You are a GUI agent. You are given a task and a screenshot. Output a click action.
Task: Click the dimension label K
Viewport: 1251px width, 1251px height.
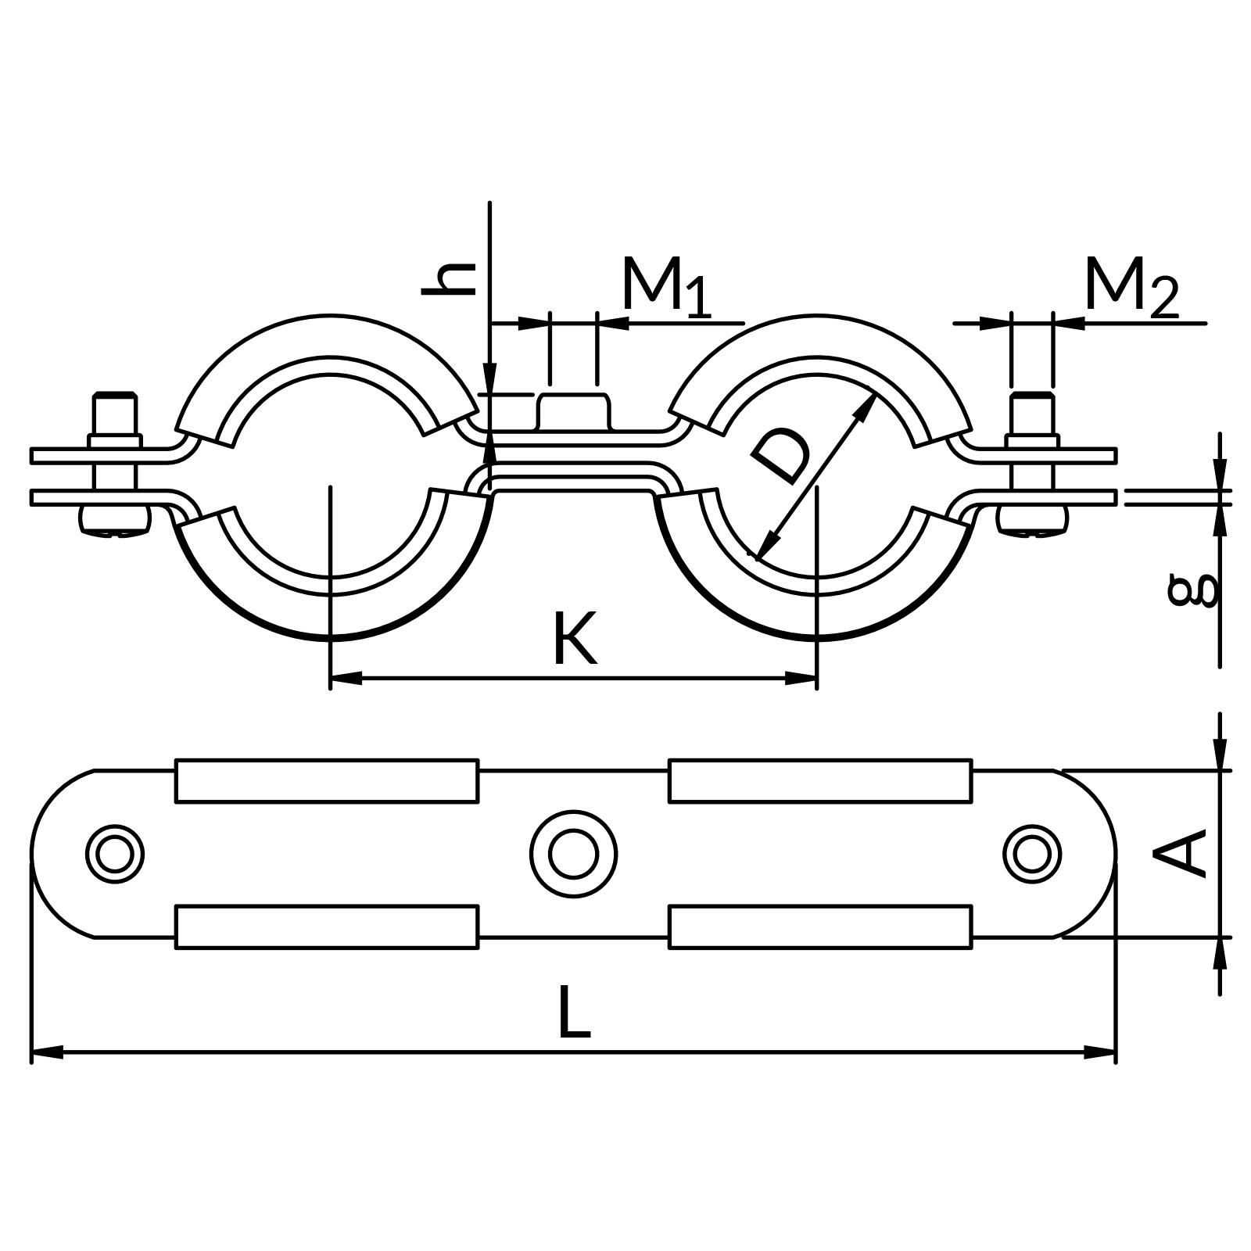(x=575, y=639)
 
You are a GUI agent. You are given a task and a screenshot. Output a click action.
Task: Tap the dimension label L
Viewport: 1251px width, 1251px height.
(x=574, y=1013)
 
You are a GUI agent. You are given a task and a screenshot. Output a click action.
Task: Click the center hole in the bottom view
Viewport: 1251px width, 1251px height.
(x=573, y=854)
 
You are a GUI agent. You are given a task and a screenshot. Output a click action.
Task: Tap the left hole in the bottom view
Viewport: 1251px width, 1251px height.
(x=115, y=854)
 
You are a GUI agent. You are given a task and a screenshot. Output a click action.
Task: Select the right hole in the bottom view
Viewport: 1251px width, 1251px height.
(x=1032, y=854)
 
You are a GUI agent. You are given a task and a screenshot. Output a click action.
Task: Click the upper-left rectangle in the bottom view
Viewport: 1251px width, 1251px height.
(x=327, y=780)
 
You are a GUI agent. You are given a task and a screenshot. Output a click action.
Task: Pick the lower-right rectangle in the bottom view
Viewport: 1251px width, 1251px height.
(x=820, y=927)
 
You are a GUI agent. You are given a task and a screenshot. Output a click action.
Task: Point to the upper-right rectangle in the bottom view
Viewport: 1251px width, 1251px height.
(x=820, y=780)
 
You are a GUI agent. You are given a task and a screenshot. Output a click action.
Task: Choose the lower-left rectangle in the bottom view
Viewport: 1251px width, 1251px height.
(x=327, y=927)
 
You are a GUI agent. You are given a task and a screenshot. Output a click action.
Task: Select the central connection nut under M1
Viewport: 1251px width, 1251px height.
(x=574, y=412)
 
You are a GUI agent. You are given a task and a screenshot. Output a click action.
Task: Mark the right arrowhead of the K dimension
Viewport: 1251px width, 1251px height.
(x=802, y=678)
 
